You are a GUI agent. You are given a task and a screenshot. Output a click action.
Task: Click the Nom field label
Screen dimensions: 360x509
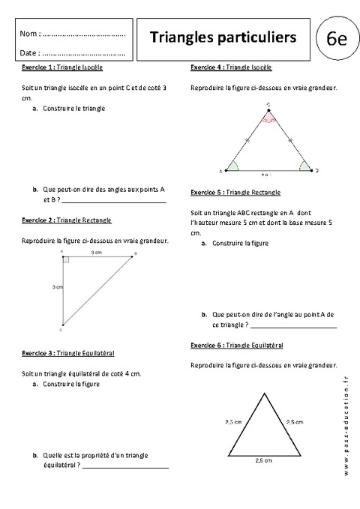point(28,34)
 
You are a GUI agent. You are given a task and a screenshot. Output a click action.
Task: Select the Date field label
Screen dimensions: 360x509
point(29,53)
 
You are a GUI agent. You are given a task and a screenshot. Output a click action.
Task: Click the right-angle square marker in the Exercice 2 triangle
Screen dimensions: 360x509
point(66,259)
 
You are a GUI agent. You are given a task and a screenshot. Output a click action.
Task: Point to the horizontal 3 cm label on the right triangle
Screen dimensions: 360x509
point(96,253)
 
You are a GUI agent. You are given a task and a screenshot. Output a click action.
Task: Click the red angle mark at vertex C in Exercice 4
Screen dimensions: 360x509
point(269,118)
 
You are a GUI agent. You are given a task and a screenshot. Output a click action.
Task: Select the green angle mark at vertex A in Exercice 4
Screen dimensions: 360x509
point(234,166)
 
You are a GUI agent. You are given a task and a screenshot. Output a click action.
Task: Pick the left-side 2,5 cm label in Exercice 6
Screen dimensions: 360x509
point(233,422)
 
